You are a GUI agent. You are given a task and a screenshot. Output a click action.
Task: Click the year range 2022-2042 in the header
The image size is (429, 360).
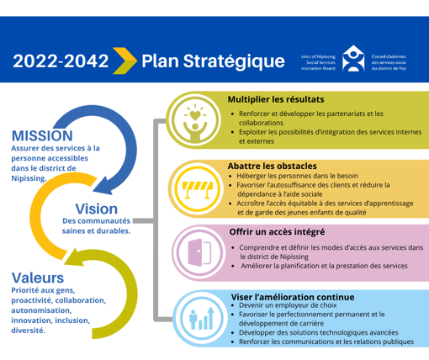pos(60,61)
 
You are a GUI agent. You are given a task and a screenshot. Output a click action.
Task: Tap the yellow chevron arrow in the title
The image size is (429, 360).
pos(124,61)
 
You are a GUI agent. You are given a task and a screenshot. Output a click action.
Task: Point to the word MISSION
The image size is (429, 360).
pos(42,135)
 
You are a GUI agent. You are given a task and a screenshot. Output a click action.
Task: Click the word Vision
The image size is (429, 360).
pos(96,208)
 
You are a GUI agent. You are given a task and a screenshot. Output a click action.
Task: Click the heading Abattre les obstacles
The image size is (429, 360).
pos(272,165)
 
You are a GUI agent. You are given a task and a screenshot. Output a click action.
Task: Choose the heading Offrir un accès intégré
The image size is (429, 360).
pos(278,230)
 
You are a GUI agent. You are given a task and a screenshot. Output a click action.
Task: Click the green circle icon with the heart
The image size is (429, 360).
pos(193,119)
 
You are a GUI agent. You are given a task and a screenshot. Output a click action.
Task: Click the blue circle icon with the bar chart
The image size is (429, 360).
pos(202,317)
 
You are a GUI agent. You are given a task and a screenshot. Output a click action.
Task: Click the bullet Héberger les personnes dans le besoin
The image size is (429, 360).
pos(298,176)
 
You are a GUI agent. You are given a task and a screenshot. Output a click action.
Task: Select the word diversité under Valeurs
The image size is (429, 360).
pos(29,330)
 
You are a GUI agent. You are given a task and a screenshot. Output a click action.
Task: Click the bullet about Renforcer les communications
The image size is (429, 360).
pos(326,343)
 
